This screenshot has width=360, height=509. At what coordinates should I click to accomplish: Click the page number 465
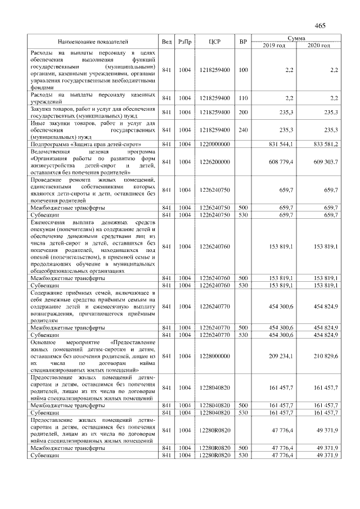320,25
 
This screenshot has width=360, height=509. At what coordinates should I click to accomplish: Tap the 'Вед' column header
166,42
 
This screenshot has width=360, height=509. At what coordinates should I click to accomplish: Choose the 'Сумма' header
296,38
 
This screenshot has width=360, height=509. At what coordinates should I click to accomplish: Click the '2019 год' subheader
274,45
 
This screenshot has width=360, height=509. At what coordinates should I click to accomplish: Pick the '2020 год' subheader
318,45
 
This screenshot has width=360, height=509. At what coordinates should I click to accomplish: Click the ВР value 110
243,98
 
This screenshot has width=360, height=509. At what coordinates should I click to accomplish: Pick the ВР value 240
243,129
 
